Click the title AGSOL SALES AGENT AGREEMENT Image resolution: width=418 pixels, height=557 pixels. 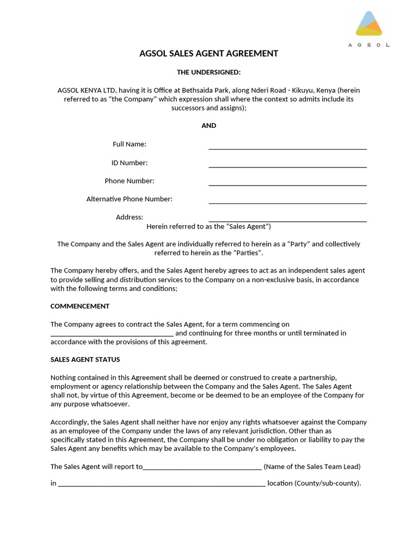point(208,53)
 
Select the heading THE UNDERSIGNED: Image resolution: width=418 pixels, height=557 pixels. point(208,72)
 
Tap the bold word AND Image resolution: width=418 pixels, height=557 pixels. point(208,126)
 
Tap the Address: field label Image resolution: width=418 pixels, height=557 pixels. point(130,217)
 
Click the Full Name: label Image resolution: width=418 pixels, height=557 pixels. point(130,144)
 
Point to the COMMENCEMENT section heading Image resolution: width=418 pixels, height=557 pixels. point(80,306)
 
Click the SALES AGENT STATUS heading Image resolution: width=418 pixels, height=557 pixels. point(85,360)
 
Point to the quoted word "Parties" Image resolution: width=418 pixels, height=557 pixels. point(248,253)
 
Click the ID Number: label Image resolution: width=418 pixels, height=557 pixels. point(130,163)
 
